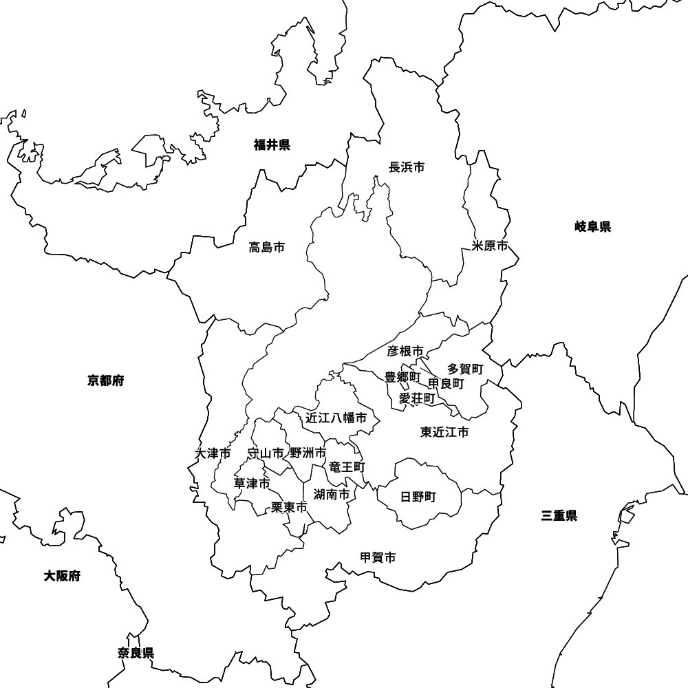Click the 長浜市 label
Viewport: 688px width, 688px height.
point(407,167)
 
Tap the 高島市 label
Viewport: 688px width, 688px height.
point(267,247)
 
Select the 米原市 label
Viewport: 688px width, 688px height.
point(491,246)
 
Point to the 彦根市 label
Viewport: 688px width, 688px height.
point(405,352)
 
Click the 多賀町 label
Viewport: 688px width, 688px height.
point(466,369)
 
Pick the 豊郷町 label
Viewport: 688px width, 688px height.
point(402,377)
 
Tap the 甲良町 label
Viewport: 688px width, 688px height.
point(446,383)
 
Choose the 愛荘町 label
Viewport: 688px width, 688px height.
point(417,398)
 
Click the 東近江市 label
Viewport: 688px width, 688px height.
point(444,432)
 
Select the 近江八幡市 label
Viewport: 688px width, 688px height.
point(336,418)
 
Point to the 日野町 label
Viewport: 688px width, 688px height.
point(418,497)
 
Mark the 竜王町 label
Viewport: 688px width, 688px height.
point(347,467)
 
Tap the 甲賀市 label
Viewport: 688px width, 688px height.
point(378,557)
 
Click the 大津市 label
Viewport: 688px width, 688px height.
point(213,453)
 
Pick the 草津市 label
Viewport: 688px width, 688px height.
point(252,484)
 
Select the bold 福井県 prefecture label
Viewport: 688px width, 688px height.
point(272,144)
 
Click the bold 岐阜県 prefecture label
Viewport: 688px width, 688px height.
point(593,226)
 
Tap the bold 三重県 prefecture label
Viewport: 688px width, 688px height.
point(559,515)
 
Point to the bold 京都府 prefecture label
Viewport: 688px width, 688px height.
point(106,380)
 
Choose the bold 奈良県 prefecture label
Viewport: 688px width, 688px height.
point(136,653)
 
